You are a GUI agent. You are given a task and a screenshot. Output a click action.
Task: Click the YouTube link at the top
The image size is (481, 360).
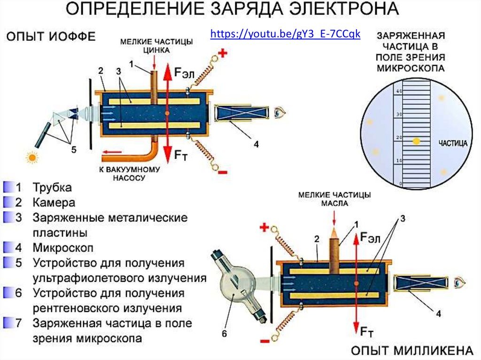285,34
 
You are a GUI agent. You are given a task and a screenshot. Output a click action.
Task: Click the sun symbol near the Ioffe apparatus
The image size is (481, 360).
32,158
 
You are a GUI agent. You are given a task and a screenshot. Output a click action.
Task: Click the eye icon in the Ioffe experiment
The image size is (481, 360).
280,113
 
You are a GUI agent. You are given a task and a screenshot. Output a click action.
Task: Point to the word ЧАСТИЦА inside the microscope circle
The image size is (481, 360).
452,143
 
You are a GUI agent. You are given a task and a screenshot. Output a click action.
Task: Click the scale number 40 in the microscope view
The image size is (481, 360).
399,92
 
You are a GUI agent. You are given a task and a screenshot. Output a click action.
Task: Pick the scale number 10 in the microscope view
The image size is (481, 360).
399,161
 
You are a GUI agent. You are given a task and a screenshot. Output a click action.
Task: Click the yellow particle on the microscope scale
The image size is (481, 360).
416,141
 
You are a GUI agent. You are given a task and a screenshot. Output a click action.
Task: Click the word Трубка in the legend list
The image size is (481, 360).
52,188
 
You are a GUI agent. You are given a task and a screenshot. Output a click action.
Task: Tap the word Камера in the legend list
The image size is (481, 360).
54,203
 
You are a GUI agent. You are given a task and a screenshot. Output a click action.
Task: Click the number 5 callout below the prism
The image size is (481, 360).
73,149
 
